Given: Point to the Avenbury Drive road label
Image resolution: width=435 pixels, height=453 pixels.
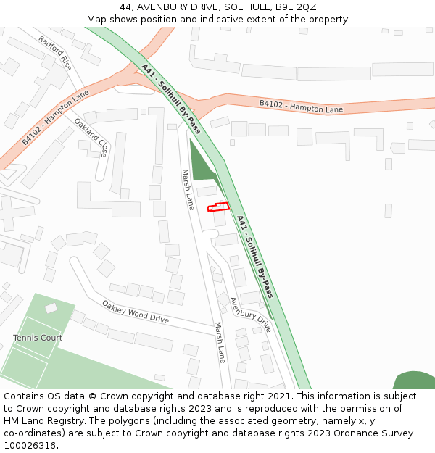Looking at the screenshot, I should (250, 315).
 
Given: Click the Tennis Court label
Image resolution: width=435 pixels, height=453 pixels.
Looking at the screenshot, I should (38, 338).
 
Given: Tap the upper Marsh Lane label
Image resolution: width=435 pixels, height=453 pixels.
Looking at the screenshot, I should (188, 190).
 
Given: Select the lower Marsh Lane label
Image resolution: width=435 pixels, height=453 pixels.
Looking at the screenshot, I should (220, 342).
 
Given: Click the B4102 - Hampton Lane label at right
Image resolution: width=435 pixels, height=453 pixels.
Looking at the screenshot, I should (302, 107).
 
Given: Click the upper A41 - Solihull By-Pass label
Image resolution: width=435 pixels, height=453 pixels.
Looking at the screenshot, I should (171, 99).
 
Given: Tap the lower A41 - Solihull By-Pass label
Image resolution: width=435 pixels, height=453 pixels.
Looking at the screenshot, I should (255, 256).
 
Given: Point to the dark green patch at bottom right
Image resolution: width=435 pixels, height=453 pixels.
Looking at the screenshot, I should (415, 381).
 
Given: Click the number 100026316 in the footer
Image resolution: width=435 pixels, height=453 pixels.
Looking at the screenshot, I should (29, 445).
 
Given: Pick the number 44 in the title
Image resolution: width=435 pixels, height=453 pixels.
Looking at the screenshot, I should (125, 7).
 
